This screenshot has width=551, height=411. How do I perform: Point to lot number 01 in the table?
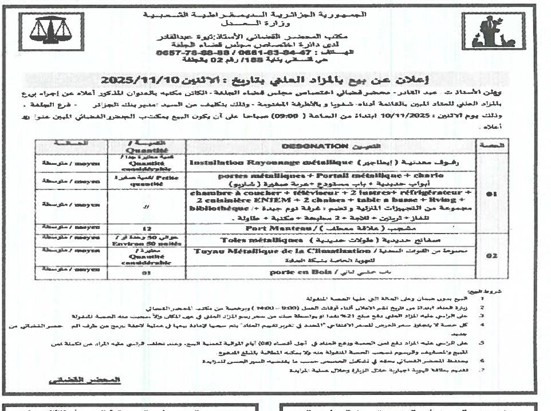click(x=490, y=194)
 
